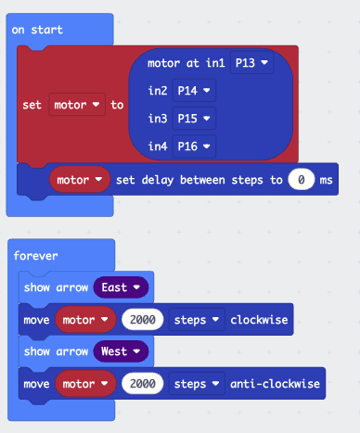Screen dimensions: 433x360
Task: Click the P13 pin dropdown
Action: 251,63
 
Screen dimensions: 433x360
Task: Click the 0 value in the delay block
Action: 302,179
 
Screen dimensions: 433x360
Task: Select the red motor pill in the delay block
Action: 80,179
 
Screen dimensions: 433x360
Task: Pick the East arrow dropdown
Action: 121,287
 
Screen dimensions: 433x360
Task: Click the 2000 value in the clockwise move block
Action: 142,320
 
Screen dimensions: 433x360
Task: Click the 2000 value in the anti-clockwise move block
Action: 142,383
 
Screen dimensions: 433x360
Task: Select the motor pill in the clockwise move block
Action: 85,320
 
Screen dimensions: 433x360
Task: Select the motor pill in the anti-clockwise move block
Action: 85,383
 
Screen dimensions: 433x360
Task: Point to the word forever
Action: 35,256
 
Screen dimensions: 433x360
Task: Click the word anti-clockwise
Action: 275,383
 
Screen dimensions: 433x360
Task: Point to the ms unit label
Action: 326,179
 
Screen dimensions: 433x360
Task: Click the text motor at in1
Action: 186,63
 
